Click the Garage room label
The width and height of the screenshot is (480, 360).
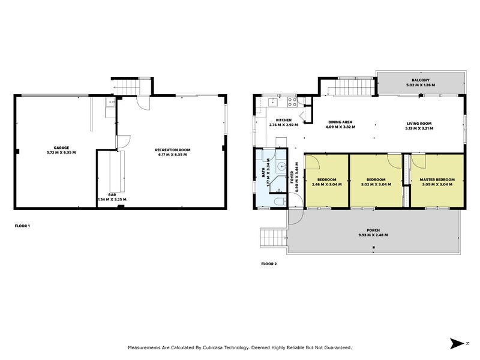tap(61, 148)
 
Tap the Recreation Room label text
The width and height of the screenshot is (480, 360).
tap(172, 150)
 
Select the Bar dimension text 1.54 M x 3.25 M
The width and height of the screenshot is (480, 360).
tap(112, 199)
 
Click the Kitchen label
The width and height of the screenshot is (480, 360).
tap(283, 120)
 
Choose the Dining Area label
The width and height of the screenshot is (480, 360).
tap(340, 122)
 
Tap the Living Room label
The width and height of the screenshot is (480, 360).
tap(419, 124)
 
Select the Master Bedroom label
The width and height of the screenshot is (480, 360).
tap(437, 179)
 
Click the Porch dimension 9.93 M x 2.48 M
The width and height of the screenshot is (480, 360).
tap(373, 235)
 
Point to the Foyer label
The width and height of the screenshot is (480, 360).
tap(292, 177)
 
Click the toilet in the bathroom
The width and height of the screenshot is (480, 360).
tap(280, 202)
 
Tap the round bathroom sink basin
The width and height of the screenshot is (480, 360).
tap(281, 167)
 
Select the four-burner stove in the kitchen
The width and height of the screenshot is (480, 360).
tap(292, 102)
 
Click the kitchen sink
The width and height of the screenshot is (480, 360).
tap(272, 101)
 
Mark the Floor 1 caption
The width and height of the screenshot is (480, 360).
tap(22, 226)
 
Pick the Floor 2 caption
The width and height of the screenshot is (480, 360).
tap(269, 263)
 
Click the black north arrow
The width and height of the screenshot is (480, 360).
tap(457, 343)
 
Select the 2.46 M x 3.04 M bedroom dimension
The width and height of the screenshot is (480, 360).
tap(326, 185)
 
